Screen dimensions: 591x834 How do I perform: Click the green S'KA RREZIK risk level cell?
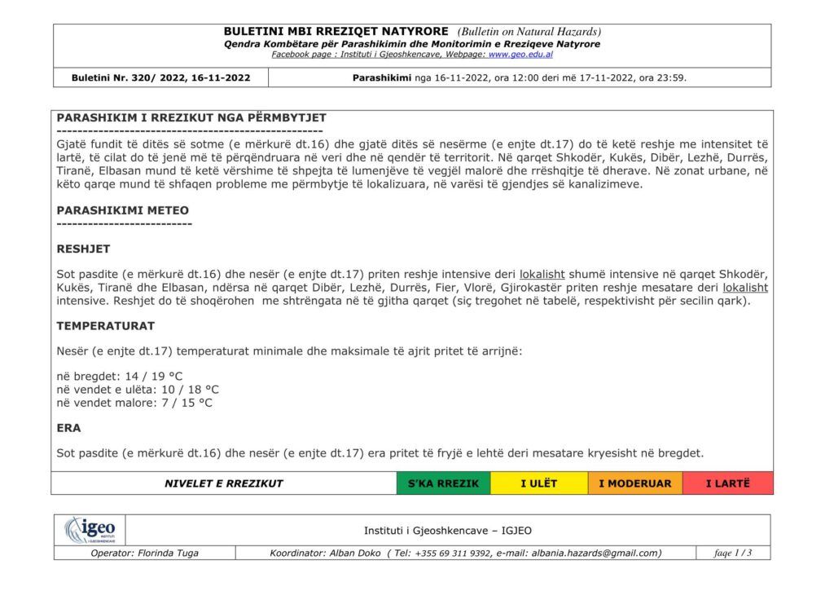[x=443, y=483]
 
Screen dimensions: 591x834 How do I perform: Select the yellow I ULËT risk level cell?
[x=538, y=483]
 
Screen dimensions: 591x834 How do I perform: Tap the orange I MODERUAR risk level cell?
[x=634, y=483]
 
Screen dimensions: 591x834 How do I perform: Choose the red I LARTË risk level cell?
[x=727, y=483]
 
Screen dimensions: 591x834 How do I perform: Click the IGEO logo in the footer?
[x=90, y=531]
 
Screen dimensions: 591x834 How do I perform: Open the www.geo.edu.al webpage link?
[x=520, y=55]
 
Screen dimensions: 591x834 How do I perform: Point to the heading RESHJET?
[x=83, y=249]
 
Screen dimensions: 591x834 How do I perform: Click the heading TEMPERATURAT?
[x=105, y=326]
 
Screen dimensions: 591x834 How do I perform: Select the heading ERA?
[x=68, y=428]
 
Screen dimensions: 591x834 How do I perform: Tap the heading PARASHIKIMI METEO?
[x=122, y=210]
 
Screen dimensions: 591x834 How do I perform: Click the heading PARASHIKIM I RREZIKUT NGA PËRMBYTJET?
[x=191, y=118]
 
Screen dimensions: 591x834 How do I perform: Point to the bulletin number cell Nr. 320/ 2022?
[x=160, y=78]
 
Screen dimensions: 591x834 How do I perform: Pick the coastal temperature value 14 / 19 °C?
[x=154, y=377]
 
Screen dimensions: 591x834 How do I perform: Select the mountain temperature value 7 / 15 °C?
[x=183, y=403]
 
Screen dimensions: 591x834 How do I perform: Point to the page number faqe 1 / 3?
[x=733, y=553]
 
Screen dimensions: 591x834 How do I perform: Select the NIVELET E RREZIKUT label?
[x=223, y=483]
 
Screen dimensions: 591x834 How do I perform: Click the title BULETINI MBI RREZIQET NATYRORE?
[x=336, y=32]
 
